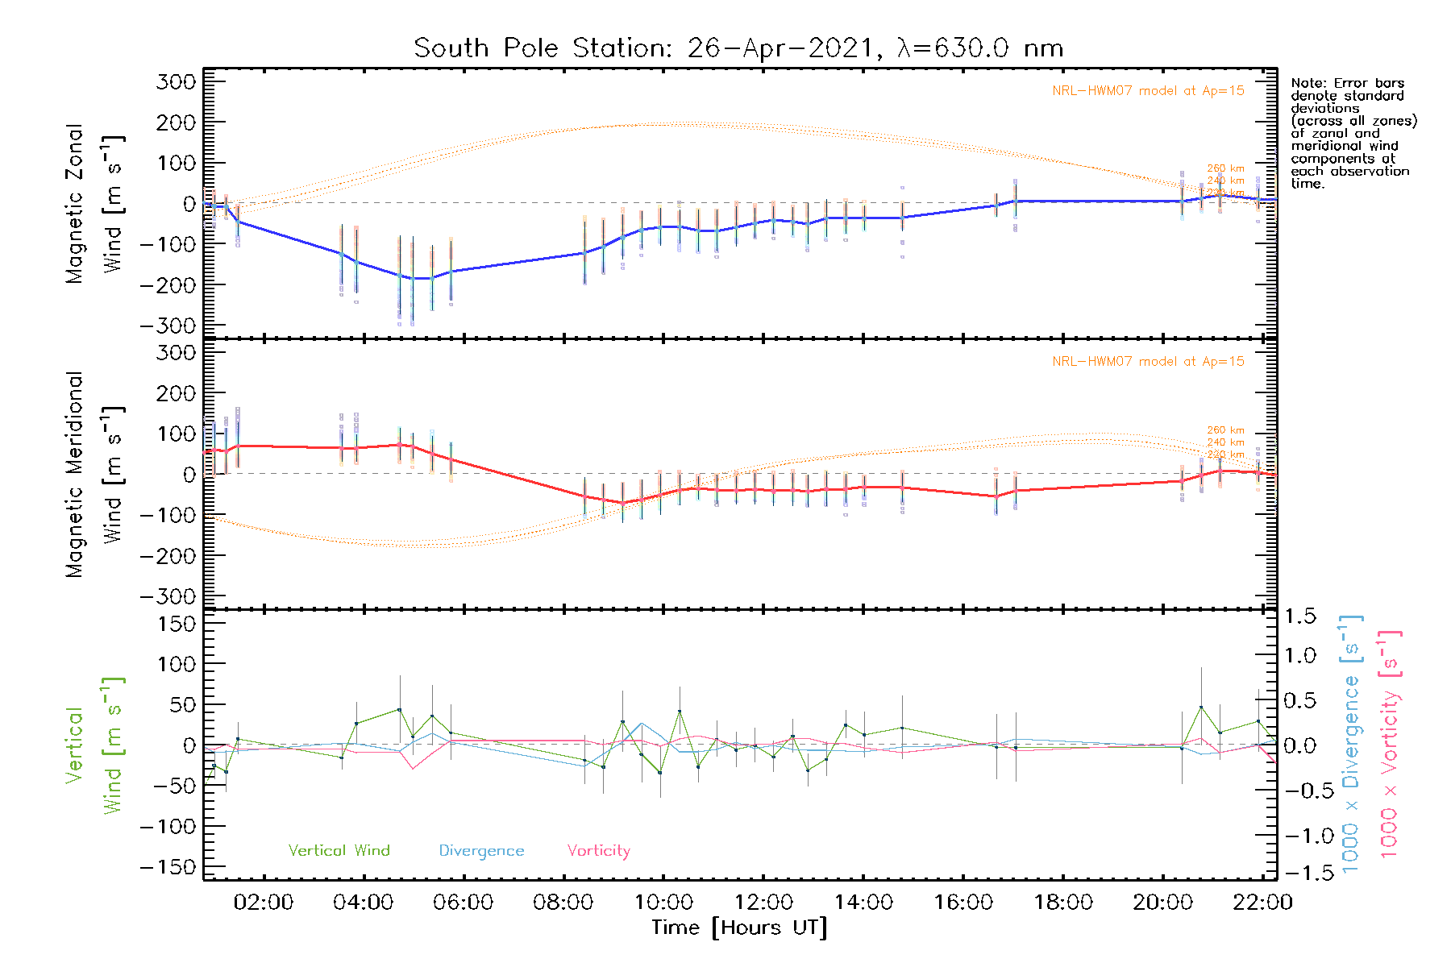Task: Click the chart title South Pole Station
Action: pos(738,48)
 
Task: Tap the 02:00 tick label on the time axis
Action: pos(263,902)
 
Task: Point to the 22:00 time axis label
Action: pos(1262,902)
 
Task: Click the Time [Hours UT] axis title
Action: pos(739,928)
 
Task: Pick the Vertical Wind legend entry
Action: pos(339,850)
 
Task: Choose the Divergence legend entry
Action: pos(481,851)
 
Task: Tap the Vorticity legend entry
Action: pos(598,850)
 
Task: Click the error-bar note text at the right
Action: pos(1353,133)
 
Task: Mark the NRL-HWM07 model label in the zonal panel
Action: pos(1148,91)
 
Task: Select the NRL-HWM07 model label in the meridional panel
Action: pos(1148,362)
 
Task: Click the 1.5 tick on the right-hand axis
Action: pos(1299,616)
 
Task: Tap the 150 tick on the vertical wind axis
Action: pos(177,624)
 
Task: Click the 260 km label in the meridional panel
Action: pos(1225,430)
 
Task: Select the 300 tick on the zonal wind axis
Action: pos(177,82)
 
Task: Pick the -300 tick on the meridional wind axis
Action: pos(168,596)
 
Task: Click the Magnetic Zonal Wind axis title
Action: pos(94,204)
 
